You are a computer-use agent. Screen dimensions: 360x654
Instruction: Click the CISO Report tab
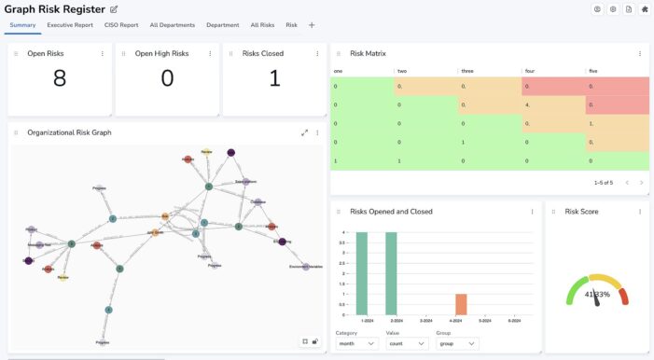pos(121,25)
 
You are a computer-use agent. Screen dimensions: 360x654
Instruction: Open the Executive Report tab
pos(70,25)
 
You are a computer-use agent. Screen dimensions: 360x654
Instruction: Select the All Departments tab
pos(173,25)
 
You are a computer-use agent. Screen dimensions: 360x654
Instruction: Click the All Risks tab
pos(262,25)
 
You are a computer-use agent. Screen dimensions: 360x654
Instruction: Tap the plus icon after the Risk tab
pos(312,25)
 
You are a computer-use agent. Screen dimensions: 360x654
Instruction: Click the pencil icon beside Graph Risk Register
pos(114,9)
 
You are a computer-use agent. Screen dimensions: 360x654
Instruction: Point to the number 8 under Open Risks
pos(60,79)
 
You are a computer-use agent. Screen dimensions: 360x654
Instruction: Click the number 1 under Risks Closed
pos(273,79)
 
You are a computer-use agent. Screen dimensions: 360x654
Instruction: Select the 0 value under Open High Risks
pos(167,79)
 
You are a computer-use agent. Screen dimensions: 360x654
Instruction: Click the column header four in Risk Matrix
pos(530,71)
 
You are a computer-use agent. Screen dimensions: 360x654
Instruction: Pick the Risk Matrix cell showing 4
pos(529,104)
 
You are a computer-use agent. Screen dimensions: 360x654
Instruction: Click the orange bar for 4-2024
pos(461,305)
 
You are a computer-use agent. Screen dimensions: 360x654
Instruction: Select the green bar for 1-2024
pos(361,274)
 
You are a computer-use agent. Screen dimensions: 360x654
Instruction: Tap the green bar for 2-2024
pos(392,274)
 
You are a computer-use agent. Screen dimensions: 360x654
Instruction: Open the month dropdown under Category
pos(356,344)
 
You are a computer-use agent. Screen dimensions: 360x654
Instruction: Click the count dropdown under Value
pos(407,344)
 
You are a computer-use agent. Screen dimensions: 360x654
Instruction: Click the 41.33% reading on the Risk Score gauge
pos(597,295)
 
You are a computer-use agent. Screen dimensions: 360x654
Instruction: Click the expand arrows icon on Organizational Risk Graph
pos(304,132)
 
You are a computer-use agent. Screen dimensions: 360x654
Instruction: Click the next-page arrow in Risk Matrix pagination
pos(641,182)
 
